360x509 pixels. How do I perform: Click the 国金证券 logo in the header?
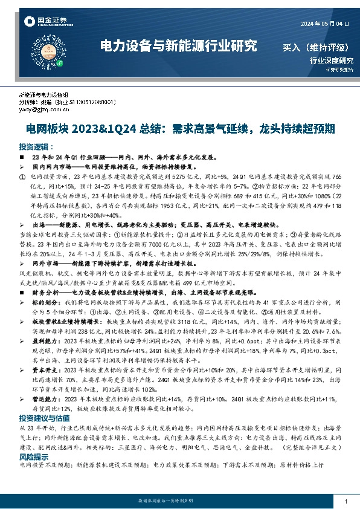45,22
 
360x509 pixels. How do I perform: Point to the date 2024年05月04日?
324,23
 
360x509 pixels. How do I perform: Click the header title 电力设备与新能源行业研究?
178,46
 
